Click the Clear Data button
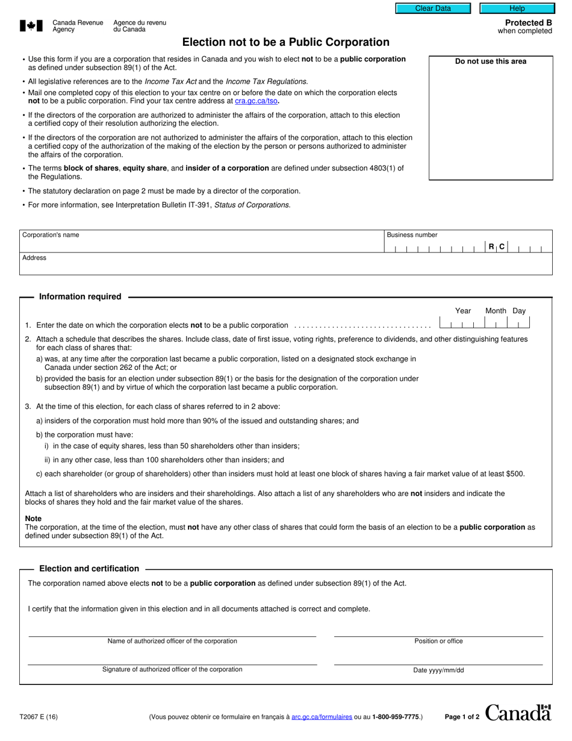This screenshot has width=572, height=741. click(x=433, y=8)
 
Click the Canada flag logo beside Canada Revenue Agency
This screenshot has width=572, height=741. click(x=31, y=25)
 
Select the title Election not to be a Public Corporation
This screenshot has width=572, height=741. click(x=286, y=42)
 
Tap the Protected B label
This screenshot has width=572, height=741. click(x=528, y=23)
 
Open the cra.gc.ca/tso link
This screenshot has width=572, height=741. click(x=256, y=101)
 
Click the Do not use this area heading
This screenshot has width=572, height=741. click(x=490, y=61)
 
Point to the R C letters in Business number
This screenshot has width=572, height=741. click(x=497, y=246)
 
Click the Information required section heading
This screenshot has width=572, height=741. click(x=80, y=296)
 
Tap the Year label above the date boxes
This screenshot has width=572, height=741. click(x=463, y=311)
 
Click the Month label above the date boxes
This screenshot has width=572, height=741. click(x=496, y=311)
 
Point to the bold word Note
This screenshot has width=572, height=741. click(x=33, y=518)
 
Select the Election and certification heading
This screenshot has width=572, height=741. click(x=89, y=568)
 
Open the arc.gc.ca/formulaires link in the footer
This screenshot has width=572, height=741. click(x=322, y=717)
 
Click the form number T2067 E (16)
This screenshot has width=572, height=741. click(x=39, y=717)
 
